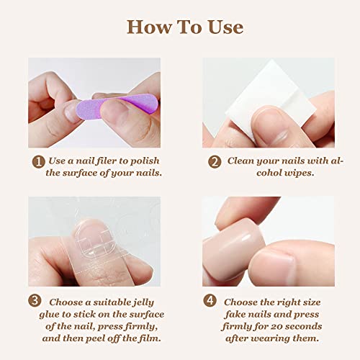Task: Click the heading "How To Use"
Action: pyautogui.click(x=185, y=27)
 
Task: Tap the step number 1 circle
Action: pyautogui.click(x=38, y=162)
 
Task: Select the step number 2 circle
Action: pyautogui.click(x=215, y=162)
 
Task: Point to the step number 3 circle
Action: pyautogui.click(x=35, y=300)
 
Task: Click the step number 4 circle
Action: pyautogui.click(x=210, y=300)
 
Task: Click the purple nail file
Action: pyautogui.click(x=117, y=106)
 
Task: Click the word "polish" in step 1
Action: pyautogui.click(x=145, y=161)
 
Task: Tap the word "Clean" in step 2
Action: pyautogui.click(x=240, y=161)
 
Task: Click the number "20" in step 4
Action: pyautogui.click(x=276, y=327)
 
